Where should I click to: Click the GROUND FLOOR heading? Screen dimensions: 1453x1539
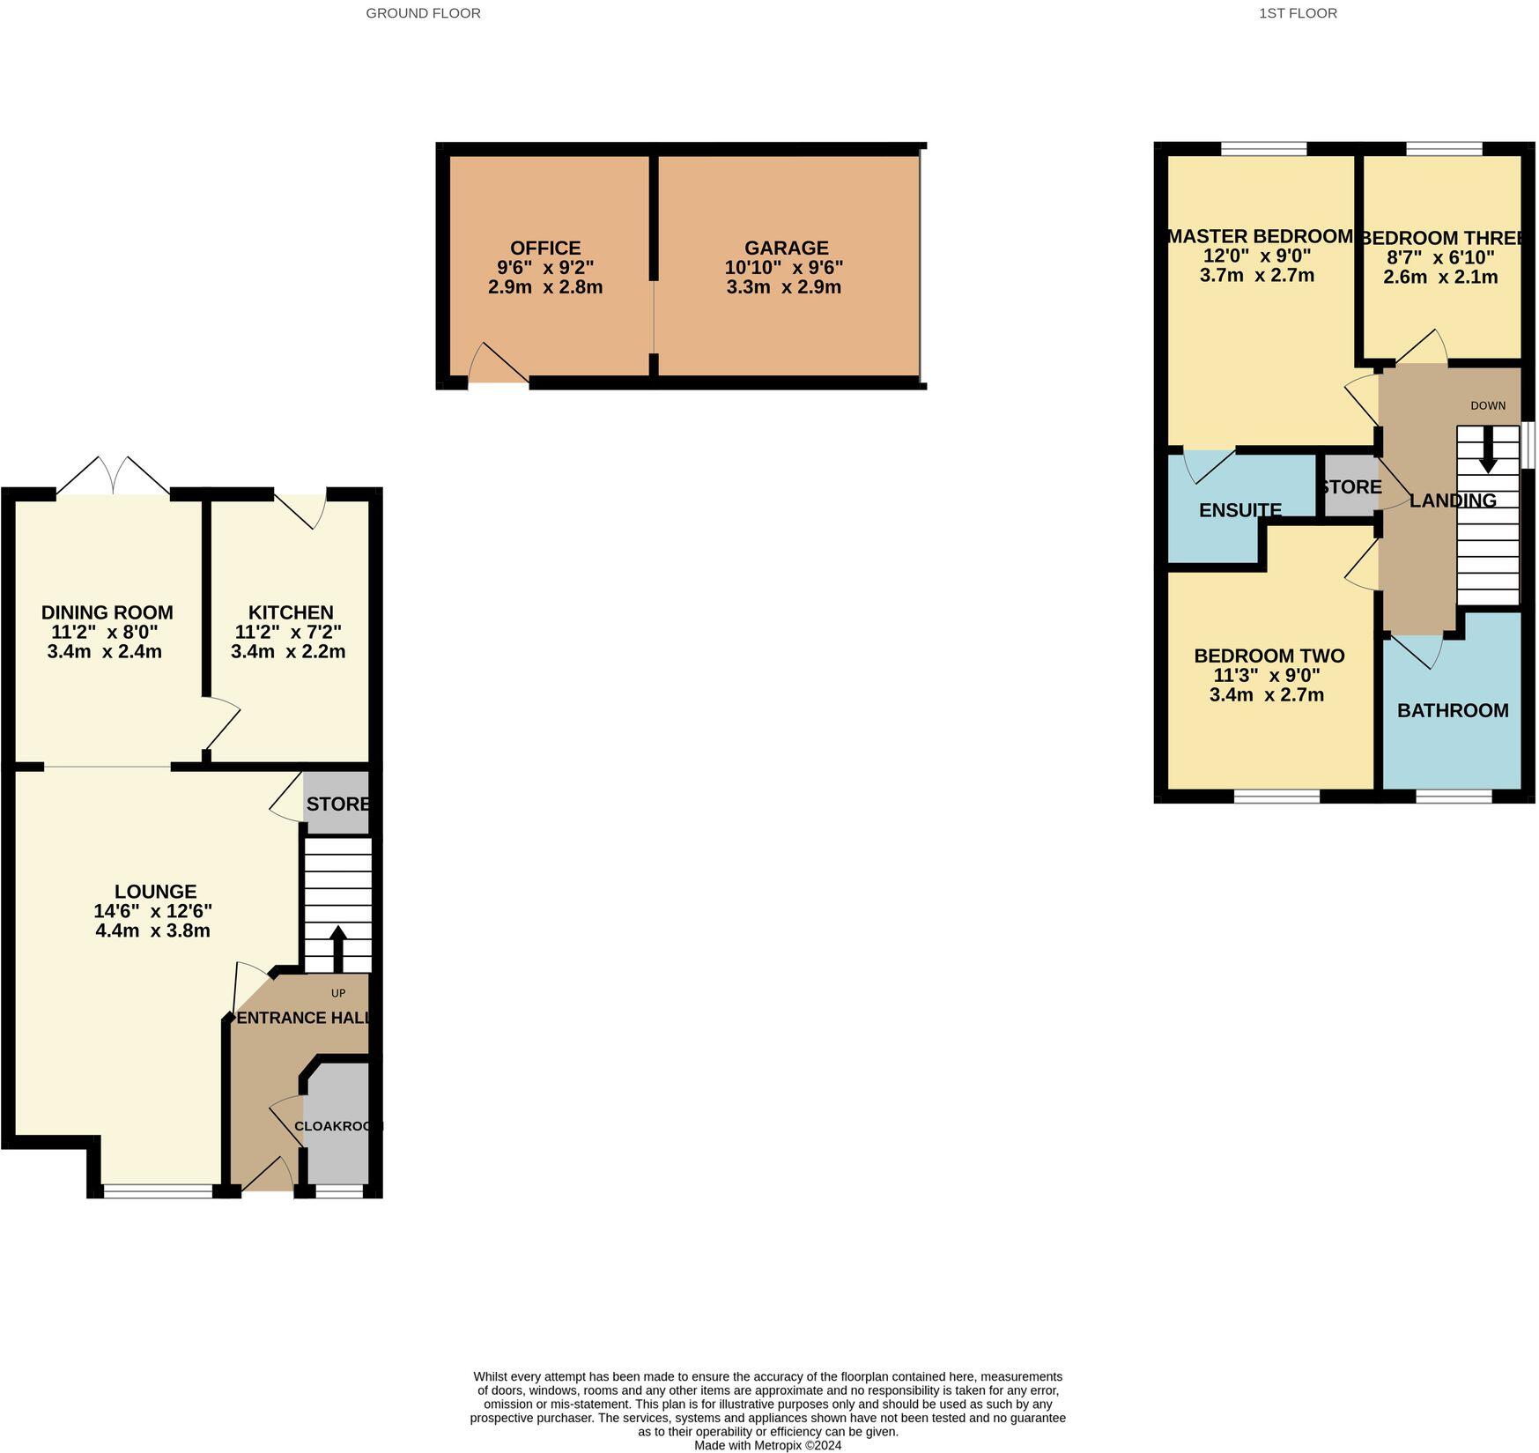tap(423, 13)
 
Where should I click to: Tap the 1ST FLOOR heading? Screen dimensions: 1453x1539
tap(1298, 13)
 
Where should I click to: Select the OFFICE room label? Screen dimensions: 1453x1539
tap(544, 248)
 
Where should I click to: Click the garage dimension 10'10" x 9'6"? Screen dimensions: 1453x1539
tap(784, 268)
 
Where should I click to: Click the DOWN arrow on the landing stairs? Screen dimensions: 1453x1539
tap(1488, 449)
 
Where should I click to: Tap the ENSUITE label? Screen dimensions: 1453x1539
tap(1239, 510)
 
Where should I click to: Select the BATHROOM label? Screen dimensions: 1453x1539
tap(1453, 710)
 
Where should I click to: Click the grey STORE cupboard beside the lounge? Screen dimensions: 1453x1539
tap(337, 804)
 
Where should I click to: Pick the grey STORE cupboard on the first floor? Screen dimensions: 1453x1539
tap(1350, 486)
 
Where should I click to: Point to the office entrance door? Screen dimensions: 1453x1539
tap(498, 365)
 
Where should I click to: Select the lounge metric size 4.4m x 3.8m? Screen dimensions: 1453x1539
tap(152, 930)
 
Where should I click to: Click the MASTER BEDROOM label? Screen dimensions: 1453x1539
tap(1260, 236)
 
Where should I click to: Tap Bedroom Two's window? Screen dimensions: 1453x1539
tap(1276, 796)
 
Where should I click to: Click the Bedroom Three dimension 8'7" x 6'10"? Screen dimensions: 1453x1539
tap(1440, 257)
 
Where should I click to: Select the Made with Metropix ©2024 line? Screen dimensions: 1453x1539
tap(767, 1445)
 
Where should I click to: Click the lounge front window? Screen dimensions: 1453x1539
tap(159, 1192)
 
